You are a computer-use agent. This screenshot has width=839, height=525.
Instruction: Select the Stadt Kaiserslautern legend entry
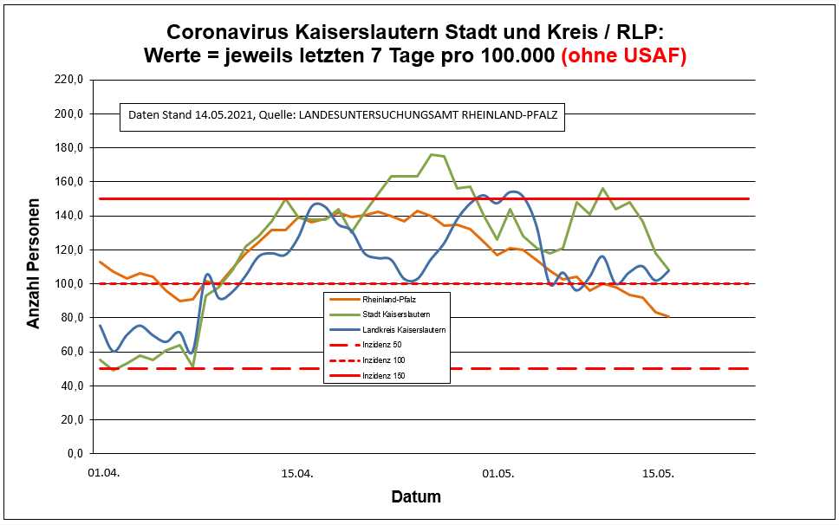(x=390, y=314)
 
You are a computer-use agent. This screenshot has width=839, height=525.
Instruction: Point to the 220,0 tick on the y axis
(x=68, y=80)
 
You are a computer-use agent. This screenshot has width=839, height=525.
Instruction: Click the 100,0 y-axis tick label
(x=68, y=283)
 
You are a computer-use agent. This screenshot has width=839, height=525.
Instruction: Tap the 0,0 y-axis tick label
(x=73, y=453)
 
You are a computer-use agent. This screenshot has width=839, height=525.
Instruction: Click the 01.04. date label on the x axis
(x=101, y=475)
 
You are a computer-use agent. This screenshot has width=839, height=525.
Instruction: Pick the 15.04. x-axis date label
(x=296, y=475)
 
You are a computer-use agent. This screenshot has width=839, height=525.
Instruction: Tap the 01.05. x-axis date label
(x=498, y=475)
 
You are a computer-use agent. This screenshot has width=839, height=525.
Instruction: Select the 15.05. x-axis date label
(x=658, y=475)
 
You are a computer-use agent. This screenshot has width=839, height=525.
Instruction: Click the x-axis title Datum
(x=416, y=497)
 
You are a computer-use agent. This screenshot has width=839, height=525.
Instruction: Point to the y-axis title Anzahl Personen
(x=34, y=267)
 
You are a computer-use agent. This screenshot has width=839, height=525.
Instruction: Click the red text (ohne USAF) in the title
(x=624, y=55)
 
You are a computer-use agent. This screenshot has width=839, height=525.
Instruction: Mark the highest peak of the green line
(x=432, y=154)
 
